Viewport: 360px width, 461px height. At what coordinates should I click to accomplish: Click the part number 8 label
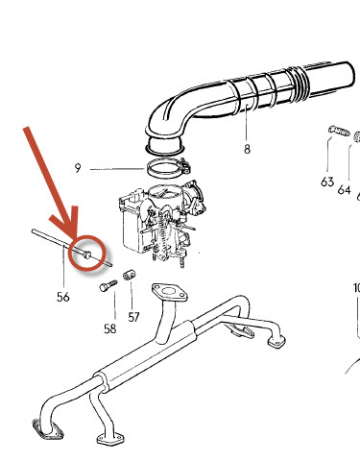[247, 149]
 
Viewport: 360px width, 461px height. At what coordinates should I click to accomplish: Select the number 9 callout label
[78, 168]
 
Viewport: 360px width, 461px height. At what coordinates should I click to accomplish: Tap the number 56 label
[63, 297]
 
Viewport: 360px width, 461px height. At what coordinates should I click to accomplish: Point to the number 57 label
[133, 317]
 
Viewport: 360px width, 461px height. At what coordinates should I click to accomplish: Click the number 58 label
[109, 328]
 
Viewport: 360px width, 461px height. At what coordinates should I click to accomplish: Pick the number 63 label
[327, 182]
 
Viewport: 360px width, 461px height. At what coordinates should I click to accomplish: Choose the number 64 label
[344, 190]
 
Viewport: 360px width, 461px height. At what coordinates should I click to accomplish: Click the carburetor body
[160, 223]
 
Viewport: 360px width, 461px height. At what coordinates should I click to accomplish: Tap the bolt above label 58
[108, 285]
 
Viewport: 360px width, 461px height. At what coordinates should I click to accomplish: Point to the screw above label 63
[339, 131]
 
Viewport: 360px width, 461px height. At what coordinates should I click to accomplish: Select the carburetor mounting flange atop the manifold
[170, 293]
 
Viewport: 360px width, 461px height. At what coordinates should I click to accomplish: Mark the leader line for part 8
[247, 124]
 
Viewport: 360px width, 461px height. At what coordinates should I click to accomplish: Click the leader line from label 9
[117, 169]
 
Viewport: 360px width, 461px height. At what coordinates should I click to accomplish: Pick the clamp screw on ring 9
[185, 166]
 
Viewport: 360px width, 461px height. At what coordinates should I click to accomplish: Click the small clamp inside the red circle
[86, 255]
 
